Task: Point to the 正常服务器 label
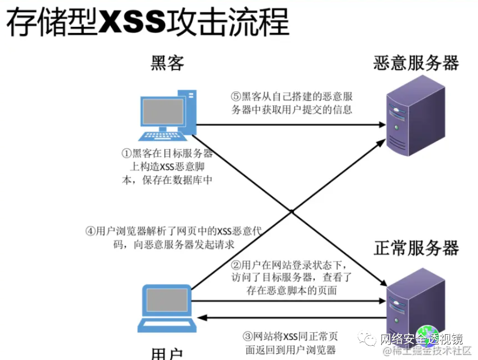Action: (416, 248)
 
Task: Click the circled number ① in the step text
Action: (126, 153)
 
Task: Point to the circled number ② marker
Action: (236, 266)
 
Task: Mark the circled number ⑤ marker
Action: (235, 96)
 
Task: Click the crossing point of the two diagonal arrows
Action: (291, 211)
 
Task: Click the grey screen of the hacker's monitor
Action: (164, 111)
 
